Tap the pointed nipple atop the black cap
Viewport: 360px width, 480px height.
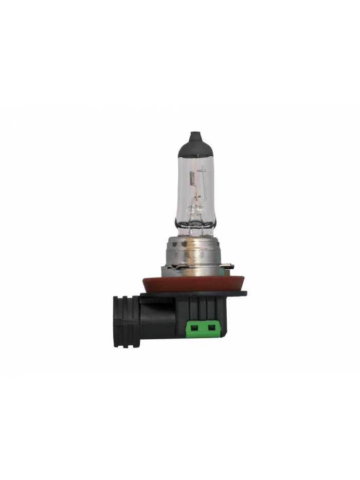click(x=196, y=134)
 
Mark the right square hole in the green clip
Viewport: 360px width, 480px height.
click(x=210, y=327)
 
